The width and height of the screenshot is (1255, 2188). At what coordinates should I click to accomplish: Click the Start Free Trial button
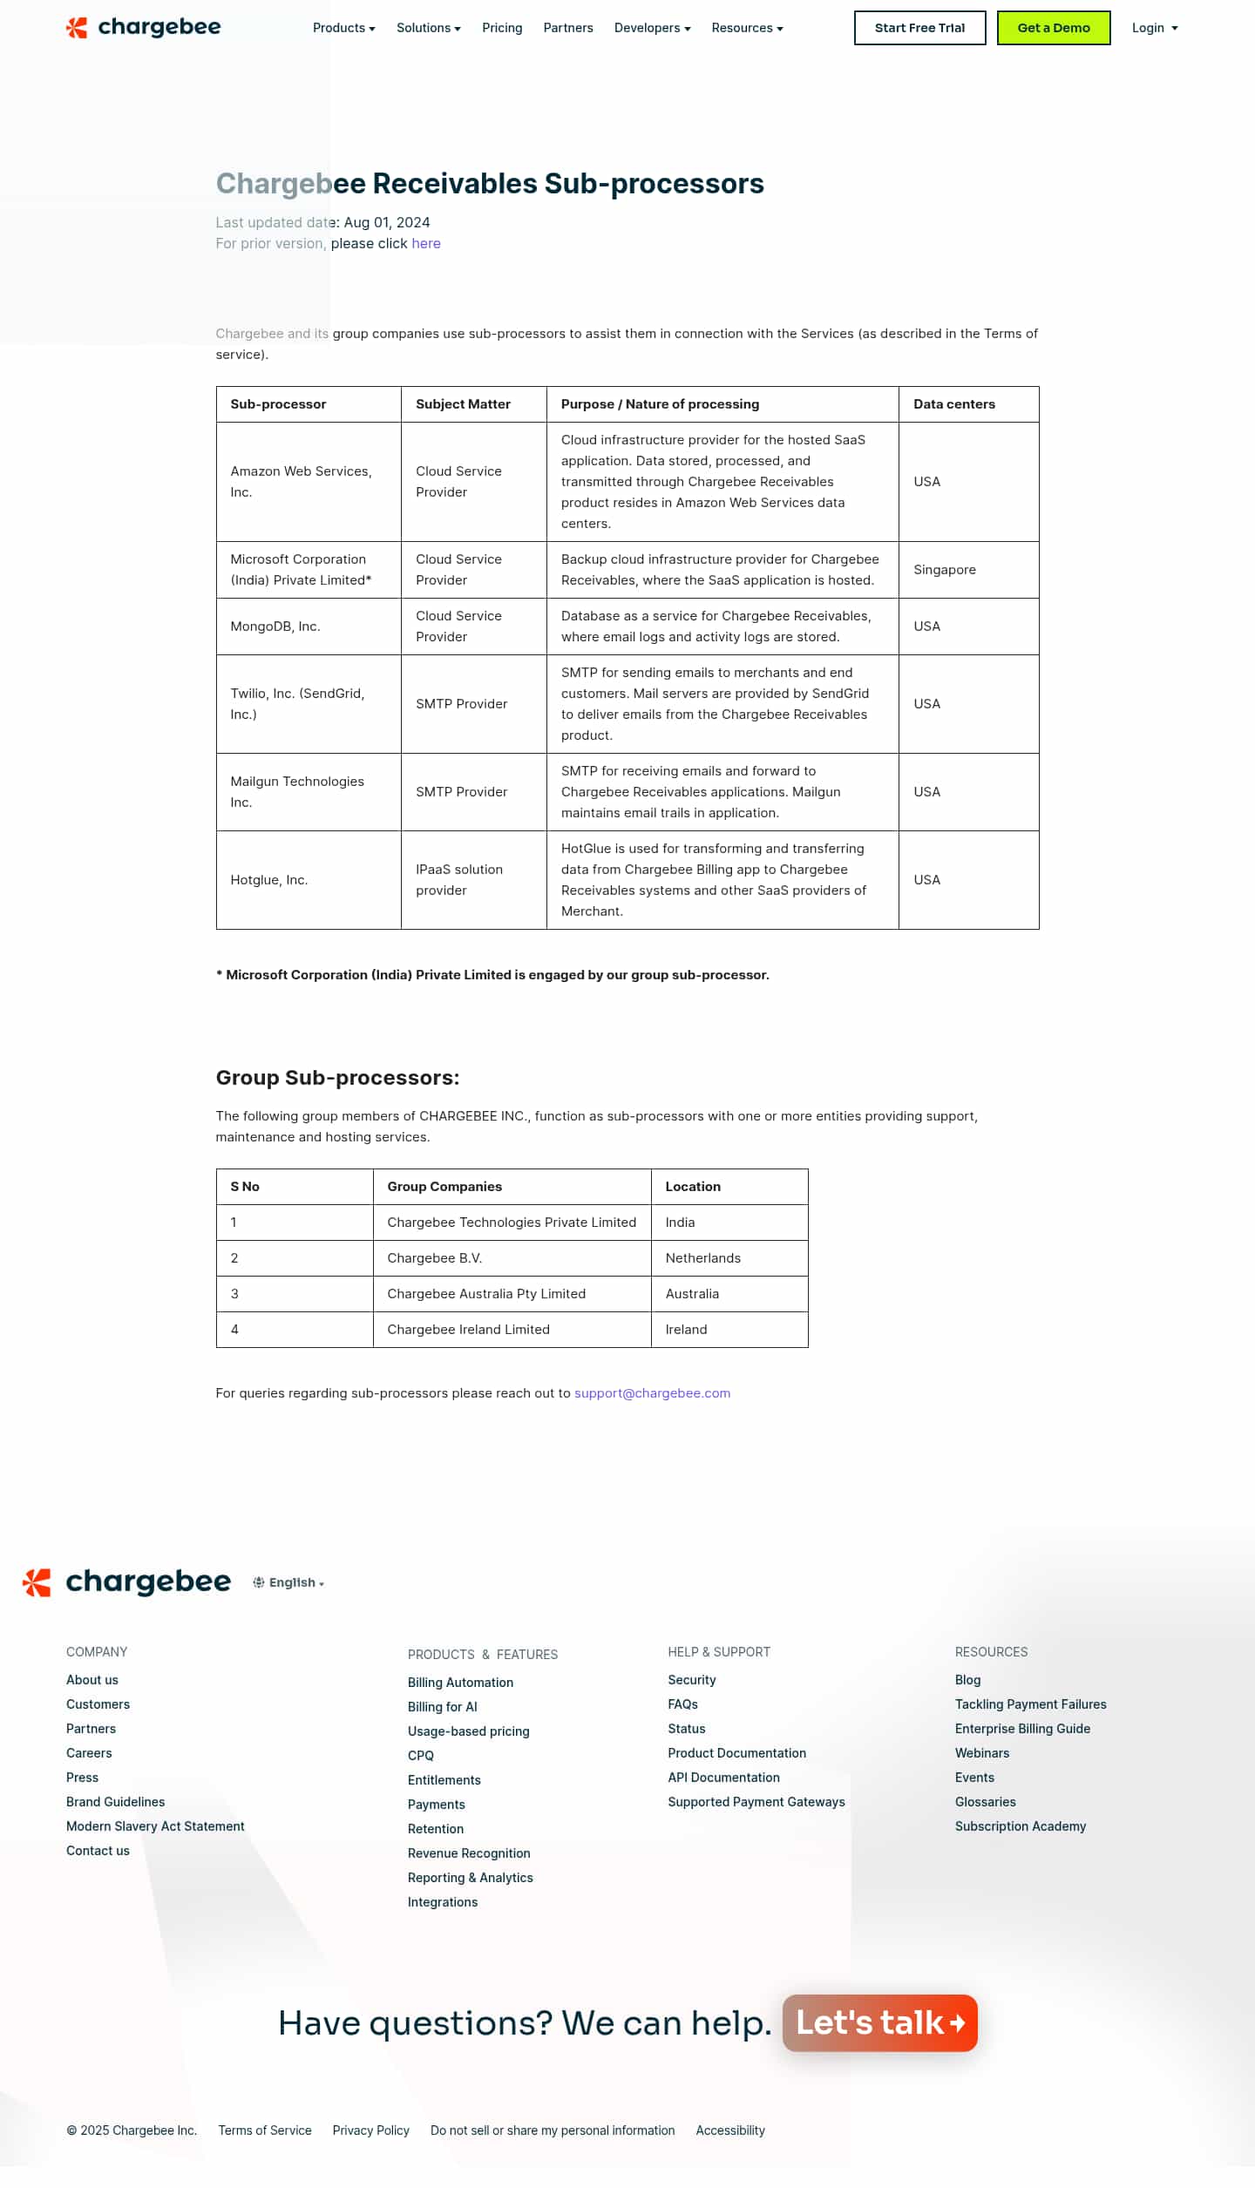919,28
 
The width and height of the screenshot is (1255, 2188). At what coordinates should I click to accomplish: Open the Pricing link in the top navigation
502,28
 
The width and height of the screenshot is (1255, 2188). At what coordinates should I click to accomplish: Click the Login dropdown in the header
1154,28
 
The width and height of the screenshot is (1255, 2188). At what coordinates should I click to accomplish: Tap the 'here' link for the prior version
425,243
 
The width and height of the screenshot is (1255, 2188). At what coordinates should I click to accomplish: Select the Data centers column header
953,404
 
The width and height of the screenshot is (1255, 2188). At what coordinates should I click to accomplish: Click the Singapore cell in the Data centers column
944,570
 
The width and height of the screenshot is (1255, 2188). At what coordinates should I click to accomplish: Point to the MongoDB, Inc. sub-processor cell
275,627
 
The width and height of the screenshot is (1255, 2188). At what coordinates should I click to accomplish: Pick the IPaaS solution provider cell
459,880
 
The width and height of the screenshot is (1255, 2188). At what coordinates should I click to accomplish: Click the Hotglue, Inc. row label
268,880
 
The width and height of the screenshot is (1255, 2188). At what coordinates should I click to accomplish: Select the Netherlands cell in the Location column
702,1258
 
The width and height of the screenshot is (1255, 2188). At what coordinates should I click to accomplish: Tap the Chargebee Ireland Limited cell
468,1330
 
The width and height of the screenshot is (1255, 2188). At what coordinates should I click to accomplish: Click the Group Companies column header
444,1187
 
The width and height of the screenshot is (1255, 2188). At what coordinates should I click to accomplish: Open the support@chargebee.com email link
652,1393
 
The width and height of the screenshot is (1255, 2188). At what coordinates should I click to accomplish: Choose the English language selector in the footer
289,1582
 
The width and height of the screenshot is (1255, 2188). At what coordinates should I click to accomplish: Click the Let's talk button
879,2022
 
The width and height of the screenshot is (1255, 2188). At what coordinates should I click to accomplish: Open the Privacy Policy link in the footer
370,2130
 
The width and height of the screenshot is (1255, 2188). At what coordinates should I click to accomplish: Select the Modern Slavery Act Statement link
155,1826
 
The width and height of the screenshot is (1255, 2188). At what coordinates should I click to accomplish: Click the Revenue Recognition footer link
469,1853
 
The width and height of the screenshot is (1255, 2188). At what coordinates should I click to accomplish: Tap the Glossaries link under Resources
985,1802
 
